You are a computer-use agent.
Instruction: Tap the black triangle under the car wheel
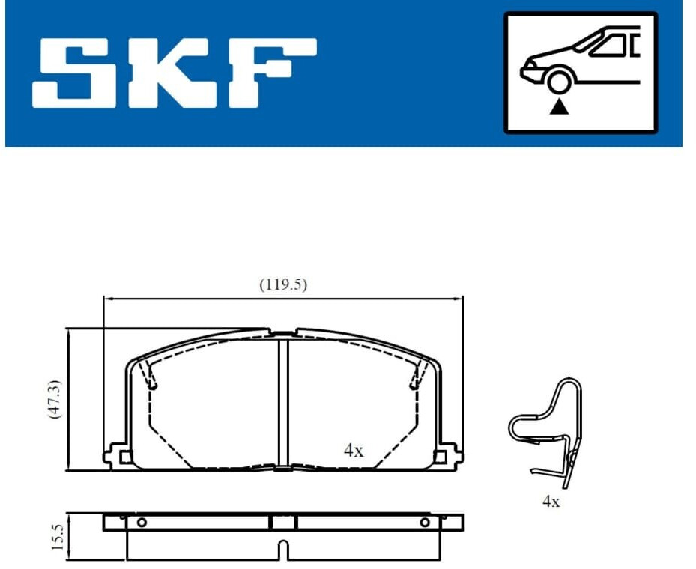click(x=559, y=108)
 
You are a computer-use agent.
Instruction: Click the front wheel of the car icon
click(x=559, y=81)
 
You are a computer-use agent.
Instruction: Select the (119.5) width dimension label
click(x=283, y=284)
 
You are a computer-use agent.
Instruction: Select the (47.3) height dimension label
click(x=55, y=400)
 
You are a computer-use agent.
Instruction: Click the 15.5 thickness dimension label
click(x=57, y=537)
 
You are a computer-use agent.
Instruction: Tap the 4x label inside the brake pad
click(x=354, y=451)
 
